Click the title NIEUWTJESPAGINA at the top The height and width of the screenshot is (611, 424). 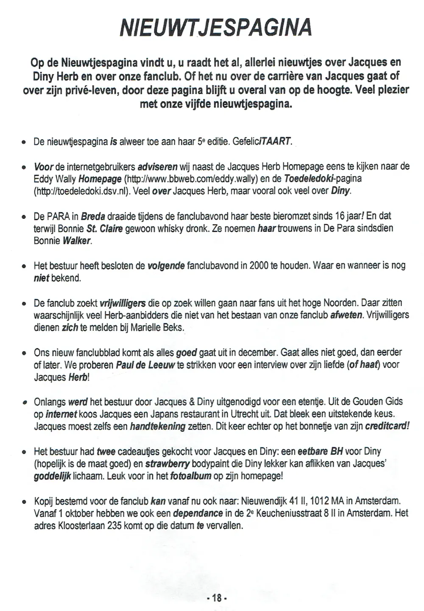(216, 28)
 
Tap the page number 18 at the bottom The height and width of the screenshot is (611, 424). (217, 598)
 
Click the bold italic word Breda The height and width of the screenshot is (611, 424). (93, 216)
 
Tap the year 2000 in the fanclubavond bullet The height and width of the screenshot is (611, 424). (259, 266)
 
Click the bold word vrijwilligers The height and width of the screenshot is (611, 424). (123, 303)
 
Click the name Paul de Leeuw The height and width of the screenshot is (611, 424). (145, 365)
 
